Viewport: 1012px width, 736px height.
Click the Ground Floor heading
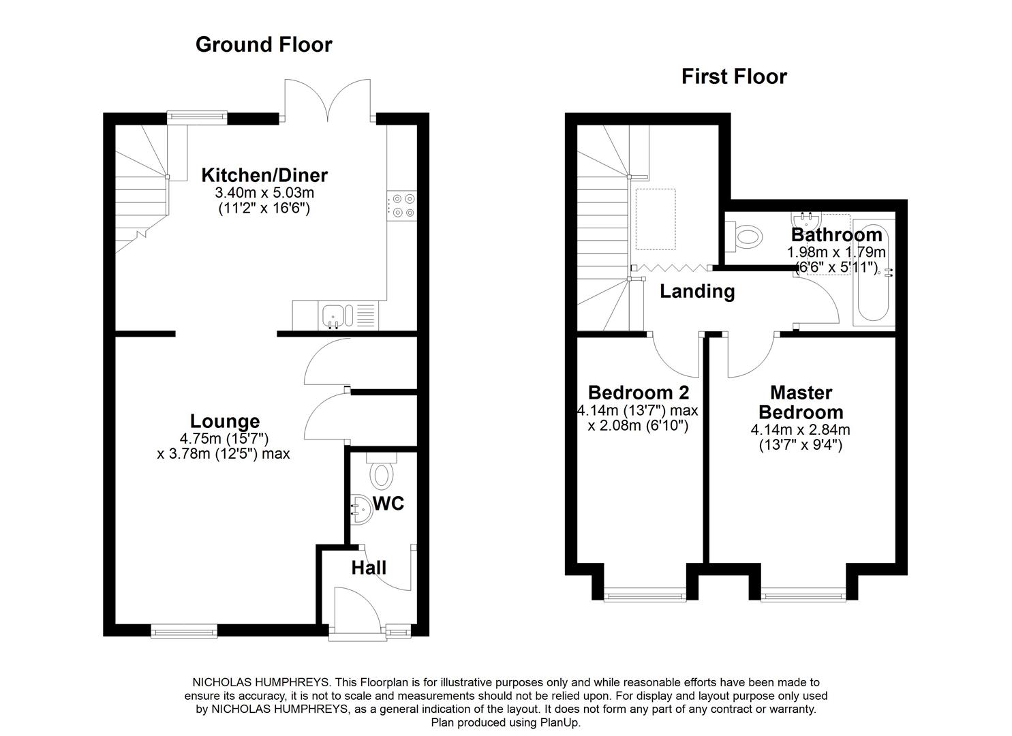(264, 44)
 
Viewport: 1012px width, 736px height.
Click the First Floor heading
(734, 76)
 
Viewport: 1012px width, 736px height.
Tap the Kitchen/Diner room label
(264, 175)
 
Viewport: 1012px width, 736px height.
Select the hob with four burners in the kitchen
(401, 205)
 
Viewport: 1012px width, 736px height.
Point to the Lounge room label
(224, 421)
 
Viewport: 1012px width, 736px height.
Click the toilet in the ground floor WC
(381, 472)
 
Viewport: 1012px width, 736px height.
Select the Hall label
(369, 568)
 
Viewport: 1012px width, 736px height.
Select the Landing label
(697, 292)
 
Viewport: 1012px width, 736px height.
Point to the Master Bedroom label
(801, 402)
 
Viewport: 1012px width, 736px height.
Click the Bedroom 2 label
(639, 393)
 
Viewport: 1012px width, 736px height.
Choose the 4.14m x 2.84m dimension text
(801, 430)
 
